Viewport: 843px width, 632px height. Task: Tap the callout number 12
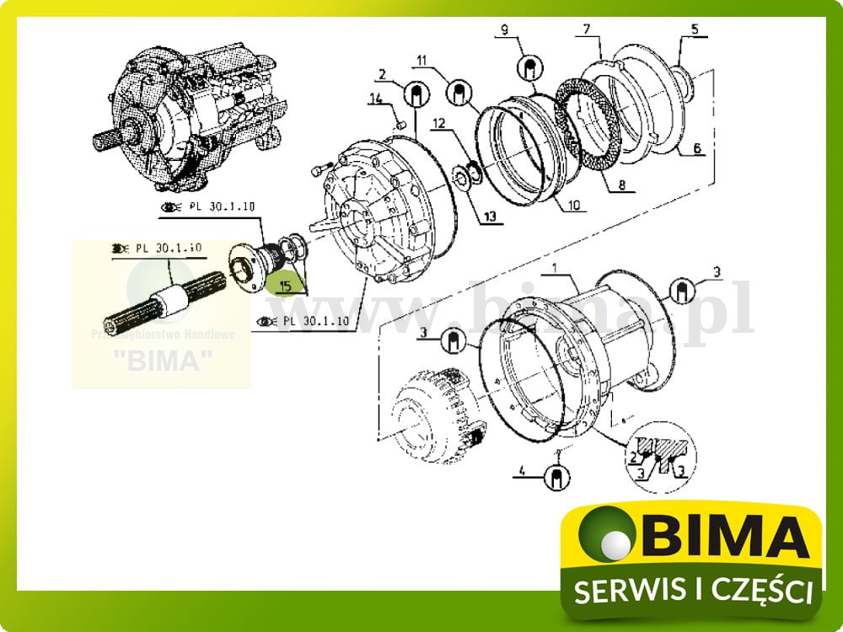tap(438, 123)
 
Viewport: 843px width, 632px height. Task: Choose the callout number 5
tap(695, 29)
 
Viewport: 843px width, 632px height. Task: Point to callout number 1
tap(555, 268)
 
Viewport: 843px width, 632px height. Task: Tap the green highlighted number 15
tap(285, 287)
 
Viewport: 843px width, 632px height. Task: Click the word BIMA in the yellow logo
tap(722, 538)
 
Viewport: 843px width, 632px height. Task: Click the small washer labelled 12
tap(464, 174)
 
